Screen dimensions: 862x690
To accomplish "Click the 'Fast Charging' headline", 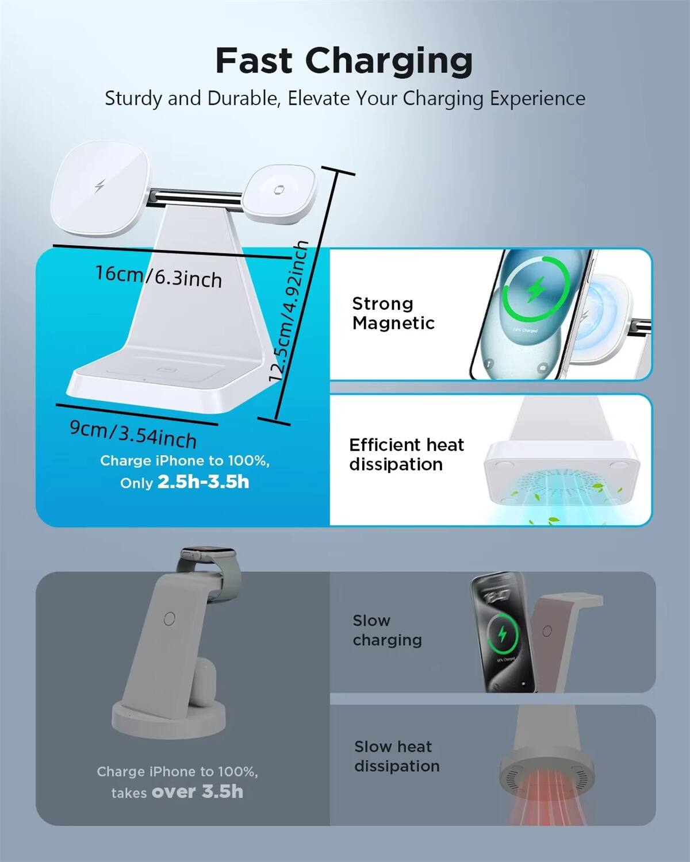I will tap(344, 61).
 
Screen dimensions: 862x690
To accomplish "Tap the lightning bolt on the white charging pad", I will tap(99, 187).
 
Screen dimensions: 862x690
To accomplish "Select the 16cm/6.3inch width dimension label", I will tap(159, 276).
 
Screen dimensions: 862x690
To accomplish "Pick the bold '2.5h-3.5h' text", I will tap(203, 482).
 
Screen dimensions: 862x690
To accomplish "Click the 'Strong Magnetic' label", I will tap(393, 313).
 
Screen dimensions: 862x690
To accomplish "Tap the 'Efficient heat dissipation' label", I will tap(406, 455).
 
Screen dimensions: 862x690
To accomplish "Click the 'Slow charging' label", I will tap(387, 630).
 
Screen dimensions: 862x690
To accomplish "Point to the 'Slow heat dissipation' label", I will tap(396, 756).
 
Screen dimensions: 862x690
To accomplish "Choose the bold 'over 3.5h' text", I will tap(197, 792).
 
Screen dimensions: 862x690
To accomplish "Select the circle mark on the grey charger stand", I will tap(169, 618).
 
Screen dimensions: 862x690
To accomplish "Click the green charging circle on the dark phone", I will tap(503, 634).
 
